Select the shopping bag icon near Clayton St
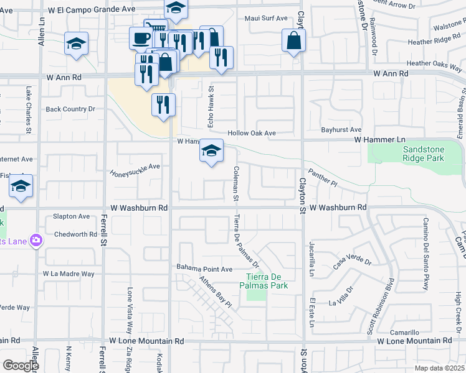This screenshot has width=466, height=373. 294,41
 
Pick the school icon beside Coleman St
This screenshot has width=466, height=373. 211,151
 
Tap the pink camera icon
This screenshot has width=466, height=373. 36,240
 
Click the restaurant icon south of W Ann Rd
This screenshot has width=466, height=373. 163,104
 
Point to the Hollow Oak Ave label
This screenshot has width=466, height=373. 251,133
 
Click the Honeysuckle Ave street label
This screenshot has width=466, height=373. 135,167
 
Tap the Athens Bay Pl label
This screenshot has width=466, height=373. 215,292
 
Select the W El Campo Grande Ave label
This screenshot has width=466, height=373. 91,10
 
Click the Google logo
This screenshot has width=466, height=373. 21,366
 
